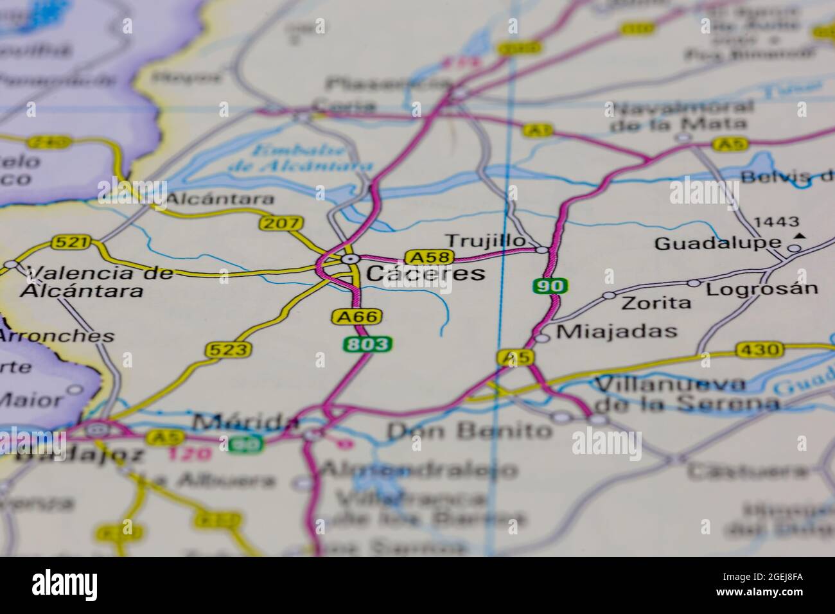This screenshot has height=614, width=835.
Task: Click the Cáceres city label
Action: coord(425,273)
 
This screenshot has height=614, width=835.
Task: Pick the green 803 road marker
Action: coord(367,344)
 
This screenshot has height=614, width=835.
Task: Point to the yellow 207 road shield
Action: coord(281,224)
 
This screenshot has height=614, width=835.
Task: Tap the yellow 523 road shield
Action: coord(227,349)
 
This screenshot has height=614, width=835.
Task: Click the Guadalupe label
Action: coord(717,244)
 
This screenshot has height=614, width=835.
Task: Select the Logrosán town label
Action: coord(762,288)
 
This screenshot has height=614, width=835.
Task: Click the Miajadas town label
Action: coord(617,331)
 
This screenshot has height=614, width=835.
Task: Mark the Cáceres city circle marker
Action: coord(349,259)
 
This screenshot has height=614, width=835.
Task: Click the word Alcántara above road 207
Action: coord(220,200)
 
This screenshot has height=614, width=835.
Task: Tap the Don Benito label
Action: coord(469,430)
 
